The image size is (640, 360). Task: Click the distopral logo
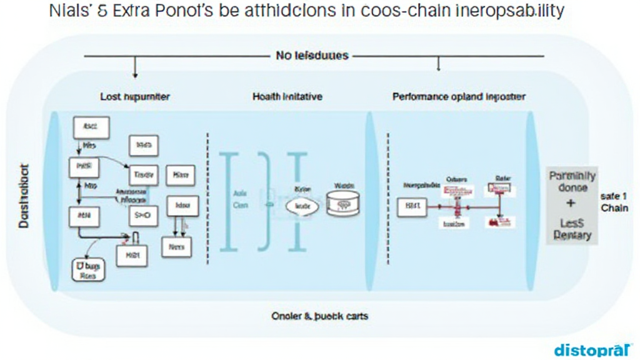[593, 349]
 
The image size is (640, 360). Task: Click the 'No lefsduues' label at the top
[312, 56]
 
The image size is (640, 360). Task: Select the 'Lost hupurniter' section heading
[135, 97]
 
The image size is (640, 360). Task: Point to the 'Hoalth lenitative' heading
[287, 97]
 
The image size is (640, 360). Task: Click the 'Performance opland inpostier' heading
[459, 97]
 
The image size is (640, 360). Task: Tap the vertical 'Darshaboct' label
[24, 196]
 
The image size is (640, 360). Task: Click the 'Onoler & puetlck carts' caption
[320, 316]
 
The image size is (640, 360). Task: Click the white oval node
[302, 204]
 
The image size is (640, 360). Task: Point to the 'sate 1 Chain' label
[614, 201]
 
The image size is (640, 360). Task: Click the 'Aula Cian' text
[241, 199]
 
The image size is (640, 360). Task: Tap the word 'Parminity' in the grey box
[572, 176]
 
